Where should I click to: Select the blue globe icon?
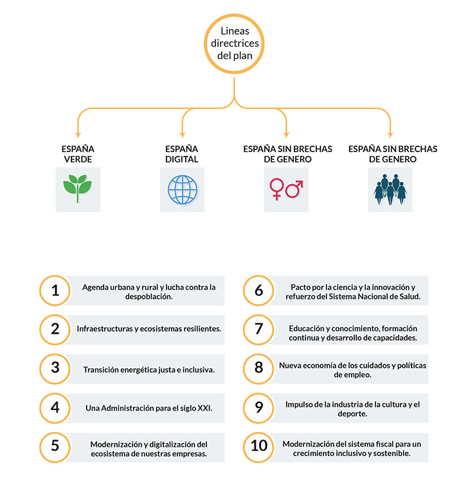(x=183, y=189)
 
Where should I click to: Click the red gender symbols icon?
(x=286, y=189)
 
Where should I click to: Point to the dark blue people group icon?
(x=390, y=189)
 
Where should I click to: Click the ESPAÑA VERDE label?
(x=78, y=154)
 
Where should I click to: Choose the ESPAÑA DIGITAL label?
(x=182, y=154)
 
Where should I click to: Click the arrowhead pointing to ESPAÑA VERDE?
(x=78, y=135)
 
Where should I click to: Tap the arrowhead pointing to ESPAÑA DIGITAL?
(x=183, y=135)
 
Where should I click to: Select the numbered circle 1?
(x=55, y=277)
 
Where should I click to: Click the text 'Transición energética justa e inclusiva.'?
(x=148, y=370)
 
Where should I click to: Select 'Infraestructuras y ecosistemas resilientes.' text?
(x=148, y=329)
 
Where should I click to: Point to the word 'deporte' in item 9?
(x=352, y=414)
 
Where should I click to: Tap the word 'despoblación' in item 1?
(x=148, y=297)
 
